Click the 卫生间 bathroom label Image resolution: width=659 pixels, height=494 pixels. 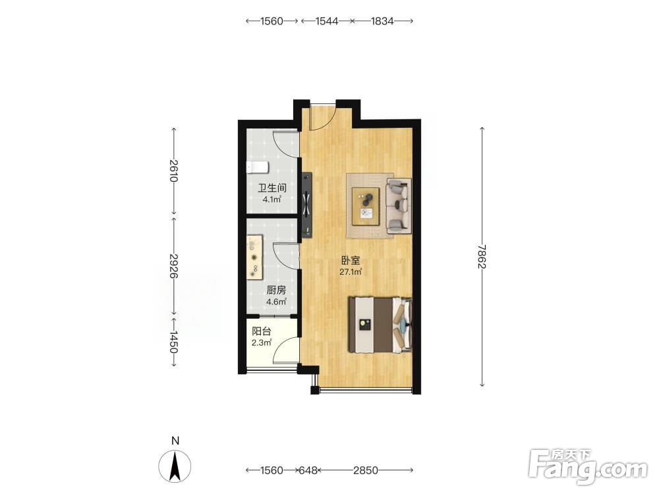[272, 187]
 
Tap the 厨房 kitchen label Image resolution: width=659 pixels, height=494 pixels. [276, 290]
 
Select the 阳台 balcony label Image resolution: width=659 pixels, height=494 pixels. [262, 331]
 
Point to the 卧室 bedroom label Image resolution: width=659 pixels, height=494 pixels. [351, 260]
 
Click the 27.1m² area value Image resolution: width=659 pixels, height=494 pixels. [351, 272]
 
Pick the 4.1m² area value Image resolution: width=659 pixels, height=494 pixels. [272, 200]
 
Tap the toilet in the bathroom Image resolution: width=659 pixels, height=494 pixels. [257, 167]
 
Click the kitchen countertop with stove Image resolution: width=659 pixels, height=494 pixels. [254, 257]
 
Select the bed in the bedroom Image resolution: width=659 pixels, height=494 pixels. [380, 325]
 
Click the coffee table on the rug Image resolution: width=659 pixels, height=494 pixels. [366, 203]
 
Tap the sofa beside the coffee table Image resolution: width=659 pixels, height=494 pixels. [398, 205]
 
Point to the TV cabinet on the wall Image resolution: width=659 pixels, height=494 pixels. [307, 205]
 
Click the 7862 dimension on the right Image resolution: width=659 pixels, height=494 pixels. [482, 257]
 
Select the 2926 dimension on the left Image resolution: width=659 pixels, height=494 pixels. [173, 265]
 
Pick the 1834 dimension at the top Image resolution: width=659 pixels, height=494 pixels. [382, 20]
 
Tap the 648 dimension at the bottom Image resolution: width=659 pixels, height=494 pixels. [308, 470]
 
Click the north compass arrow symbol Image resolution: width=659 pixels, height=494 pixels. [175, 466]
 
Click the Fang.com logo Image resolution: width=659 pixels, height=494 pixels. [588, 466]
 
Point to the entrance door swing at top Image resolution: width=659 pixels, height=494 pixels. [322, 117]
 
